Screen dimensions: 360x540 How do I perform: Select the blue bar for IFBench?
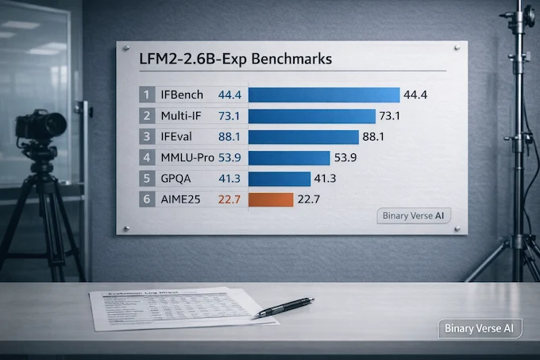324,95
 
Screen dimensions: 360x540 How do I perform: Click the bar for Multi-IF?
311,116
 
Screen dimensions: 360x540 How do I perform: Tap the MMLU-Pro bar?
289,157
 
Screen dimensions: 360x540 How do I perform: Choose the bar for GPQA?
280,178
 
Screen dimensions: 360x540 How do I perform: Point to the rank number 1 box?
146,95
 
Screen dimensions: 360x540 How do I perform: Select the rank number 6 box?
146,199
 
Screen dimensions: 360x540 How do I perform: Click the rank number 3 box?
146,137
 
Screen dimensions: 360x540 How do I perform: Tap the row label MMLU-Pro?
187,157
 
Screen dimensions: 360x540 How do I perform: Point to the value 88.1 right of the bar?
373,137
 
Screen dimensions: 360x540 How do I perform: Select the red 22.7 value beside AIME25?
229,199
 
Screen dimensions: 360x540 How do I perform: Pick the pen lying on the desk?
284,307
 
